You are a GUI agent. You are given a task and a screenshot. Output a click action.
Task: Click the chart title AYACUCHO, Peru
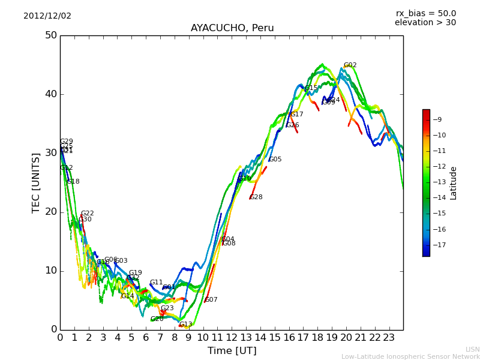(232, 28)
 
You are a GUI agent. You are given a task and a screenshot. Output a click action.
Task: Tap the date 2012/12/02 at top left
(47, 16)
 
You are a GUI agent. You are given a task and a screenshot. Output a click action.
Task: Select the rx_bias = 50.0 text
(425, 13)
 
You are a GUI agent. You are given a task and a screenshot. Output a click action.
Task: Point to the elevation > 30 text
(425, 23)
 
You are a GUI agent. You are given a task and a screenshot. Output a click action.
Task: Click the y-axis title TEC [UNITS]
(36, 182)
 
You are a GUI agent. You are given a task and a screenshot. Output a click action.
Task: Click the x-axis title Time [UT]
(232, 351)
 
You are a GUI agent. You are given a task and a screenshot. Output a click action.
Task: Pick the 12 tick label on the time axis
(232, 338)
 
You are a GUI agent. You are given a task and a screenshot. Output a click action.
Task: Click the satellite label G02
(350, 65)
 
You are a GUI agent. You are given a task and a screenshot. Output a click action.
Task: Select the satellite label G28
(256, 197)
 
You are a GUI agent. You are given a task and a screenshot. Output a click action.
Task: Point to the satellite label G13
(186, 325)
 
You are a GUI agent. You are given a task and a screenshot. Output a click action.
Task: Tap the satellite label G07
(211, 300)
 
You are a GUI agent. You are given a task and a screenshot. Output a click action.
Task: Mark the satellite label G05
(275, 160)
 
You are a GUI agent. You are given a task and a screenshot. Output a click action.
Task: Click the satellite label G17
(297, 115)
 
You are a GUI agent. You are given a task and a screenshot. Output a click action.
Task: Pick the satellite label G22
(88, 214)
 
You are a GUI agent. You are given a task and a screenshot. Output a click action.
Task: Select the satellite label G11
(157, 283)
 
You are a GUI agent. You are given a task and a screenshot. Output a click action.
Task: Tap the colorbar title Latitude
(454, 183)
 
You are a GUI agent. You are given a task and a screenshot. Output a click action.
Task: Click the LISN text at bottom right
(472, 349)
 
